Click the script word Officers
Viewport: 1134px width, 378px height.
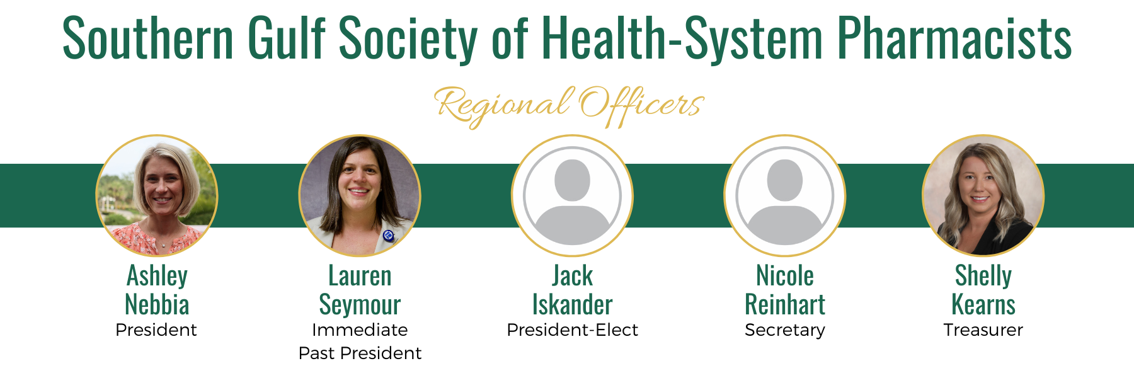(x=641, y=106)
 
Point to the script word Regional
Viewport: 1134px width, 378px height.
(x=503, y=106)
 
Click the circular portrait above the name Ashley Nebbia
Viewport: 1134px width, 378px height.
(x=157, y=195)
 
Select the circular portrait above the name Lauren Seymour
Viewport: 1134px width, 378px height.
(x=360, y=195)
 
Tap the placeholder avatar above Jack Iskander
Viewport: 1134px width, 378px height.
(x=572, y=195)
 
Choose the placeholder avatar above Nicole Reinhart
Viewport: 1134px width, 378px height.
(x=785, y=195)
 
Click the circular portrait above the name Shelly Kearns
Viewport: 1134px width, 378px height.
(x=983, y=195)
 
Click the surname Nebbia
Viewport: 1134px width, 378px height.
(x=157, y=304)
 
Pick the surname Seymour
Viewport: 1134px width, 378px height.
(x=360, y=306)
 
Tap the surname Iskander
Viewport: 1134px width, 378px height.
(x=572, y=304)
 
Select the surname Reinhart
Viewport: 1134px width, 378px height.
(x=785, y=304)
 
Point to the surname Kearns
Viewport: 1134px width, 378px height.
(x=983, y=304)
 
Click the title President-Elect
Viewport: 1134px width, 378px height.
(x=572, y=330)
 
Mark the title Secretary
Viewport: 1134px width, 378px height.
(x=785, y=331)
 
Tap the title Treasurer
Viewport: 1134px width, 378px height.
(x=983, y=330)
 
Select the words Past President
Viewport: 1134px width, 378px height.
(x=360, y=353)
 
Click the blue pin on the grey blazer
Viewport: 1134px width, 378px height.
(x=388, y=236)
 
